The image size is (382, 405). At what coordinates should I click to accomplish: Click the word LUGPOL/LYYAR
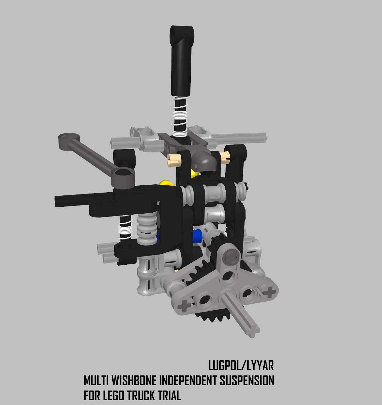click(x=241, y=366)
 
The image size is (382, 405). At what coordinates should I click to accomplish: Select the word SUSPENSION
click(x=247, y=381)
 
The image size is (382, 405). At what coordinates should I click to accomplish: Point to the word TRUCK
click(x=141, y=395)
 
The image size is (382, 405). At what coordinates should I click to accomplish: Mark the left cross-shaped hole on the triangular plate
click(x=184, y=306)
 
